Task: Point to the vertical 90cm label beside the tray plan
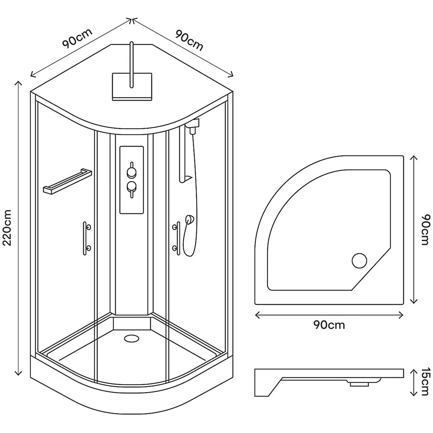tap(426, 229)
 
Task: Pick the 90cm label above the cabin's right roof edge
tap(189, 40)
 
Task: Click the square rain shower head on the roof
tap(132, 87)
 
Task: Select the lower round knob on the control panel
tap(131, 187)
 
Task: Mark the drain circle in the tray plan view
tap(359, 261)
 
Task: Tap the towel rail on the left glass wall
tap(67, 181)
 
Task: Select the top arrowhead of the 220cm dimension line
tap(18, 83)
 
